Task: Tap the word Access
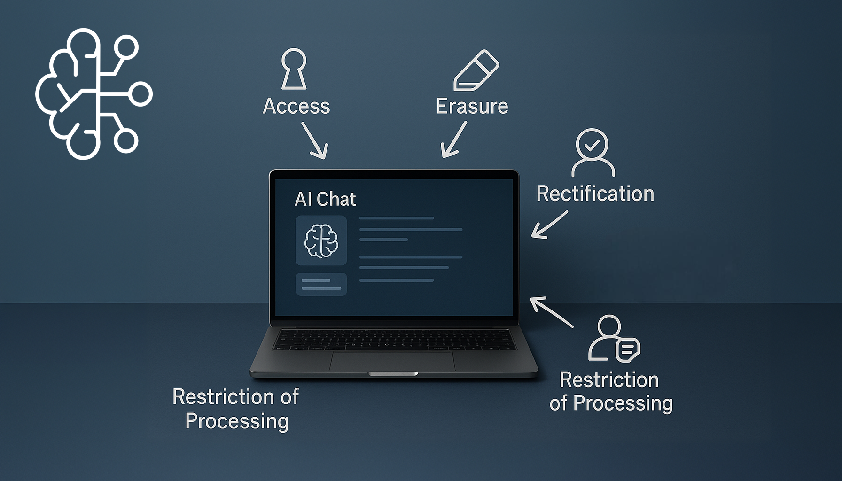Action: click(296, 107)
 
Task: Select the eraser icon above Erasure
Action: click(476, 70)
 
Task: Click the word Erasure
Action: click(472, 107)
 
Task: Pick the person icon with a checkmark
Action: click(593, 152)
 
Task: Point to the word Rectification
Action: click(595, 194)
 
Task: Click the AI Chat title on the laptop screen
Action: click(325, 199)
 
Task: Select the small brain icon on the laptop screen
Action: click(321, 240)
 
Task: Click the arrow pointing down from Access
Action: click(315, 140)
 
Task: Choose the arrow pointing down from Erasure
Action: click(453, 140)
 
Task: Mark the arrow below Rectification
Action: click(549, 225)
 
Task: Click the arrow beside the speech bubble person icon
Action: click(551, 311)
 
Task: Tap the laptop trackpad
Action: click(392, 361)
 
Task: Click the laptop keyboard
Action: click(394, 339)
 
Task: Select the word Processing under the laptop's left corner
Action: click(237, 421)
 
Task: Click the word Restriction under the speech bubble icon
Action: click(609, 380)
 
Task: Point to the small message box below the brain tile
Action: click(321, 284)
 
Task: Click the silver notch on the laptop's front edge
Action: click(393, 374)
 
